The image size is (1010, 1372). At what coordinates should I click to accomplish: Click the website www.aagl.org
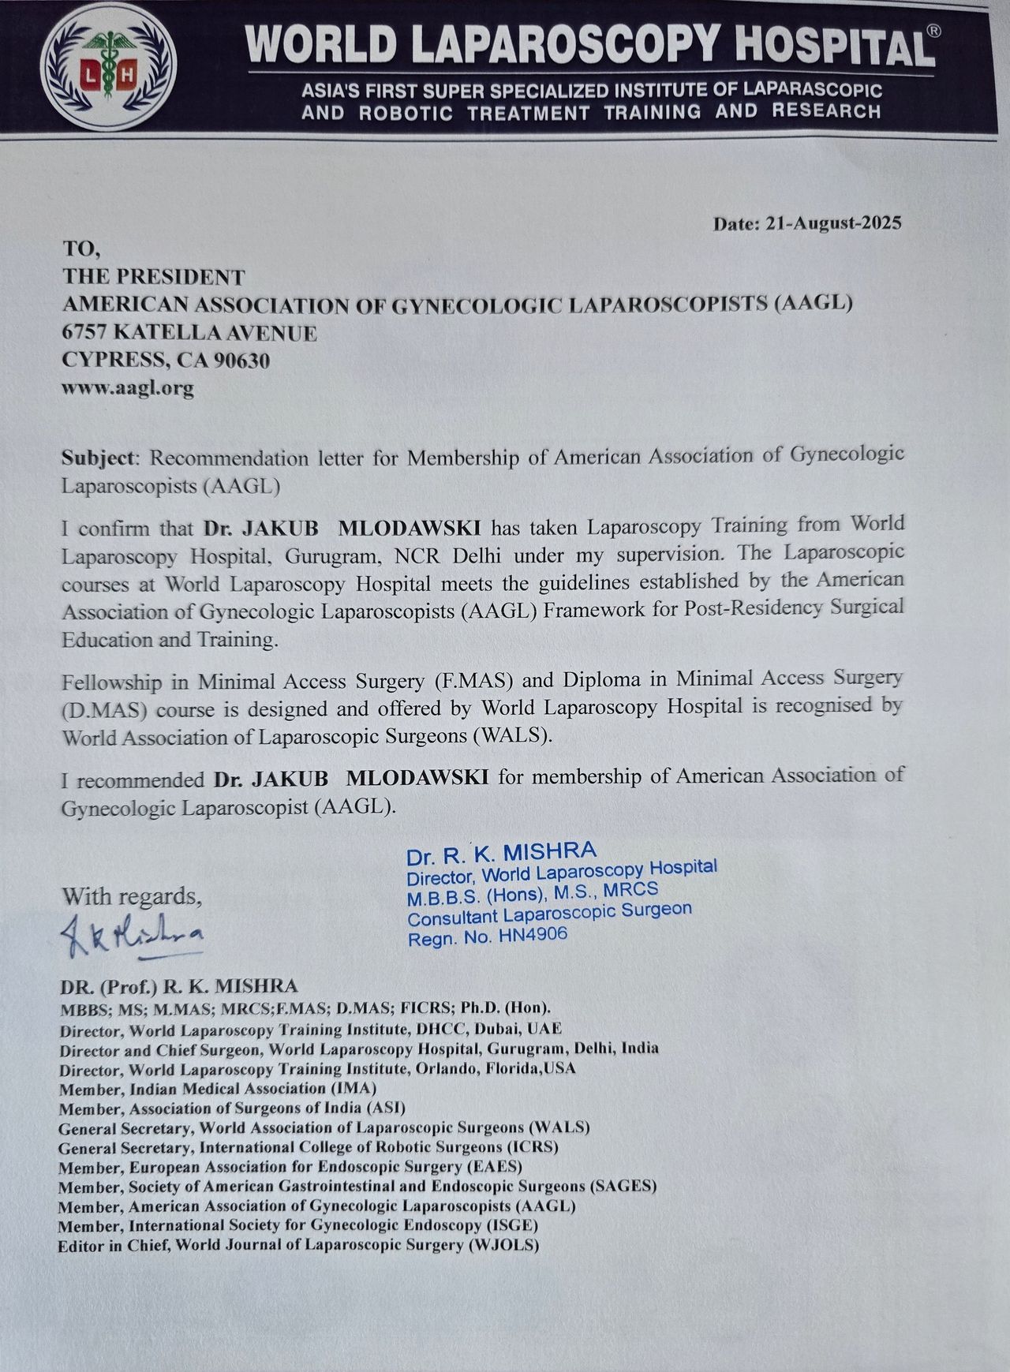(x=128, y=388)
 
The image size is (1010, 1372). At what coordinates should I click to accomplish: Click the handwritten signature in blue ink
(x=133, y=935)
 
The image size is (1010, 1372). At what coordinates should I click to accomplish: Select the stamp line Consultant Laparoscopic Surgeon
(x=549, y=913)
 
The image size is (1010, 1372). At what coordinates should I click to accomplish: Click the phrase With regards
(x=132, y=896)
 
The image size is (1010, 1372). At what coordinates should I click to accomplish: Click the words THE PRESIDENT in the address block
(x=154, y=277)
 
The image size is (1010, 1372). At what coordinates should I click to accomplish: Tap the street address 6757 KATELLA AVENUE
(x=189, y=333)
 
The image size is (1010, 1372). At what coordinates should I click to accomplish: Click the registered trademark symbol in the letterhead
(x=933, y=31)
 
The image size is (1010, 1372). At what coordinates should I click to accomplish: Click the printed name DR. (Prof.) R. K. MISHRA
(x=178, y=986)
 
